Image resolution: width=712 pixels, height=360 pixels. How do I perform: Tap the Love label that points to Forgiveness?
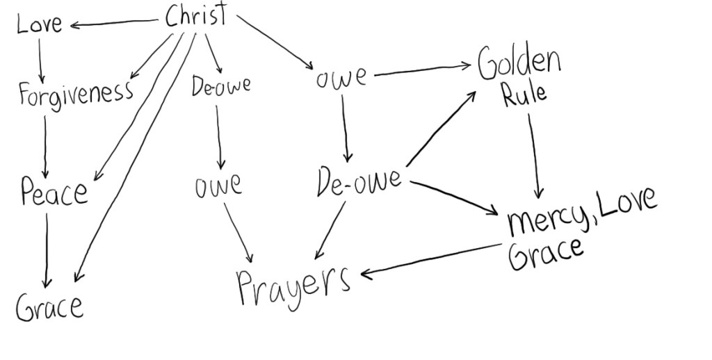tap(40, 24)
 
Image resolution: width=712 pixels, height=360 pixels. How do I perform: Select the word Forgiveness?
tap(75, 93)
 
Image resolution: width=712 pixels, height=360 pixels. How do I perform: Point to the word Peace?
tap(54, 191)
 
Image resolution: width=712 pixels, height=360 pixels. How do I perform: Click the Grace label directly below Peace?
tap(49, 306)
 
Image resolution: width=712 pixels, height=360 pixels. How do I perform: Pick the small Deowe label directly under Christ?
tap(221, 87)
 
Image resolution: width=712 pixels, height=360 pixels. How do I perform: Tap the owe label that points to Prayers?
tap(218, 186)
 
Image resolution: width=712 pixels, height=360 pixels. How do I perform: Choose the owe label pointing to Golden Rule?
tap(341, 77)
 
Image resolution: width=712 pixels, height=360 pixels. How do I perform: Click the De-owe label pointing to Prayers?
tap(358, 181)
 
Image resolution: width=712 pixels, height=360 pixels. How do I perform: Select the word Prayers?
tap(293, 284)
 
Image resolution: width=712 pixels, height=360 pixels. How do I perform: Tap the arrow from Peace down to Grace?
tap(47, 250)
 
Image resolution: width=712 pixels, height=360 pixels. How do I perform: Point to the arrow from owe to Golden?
tap(421, 69)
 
